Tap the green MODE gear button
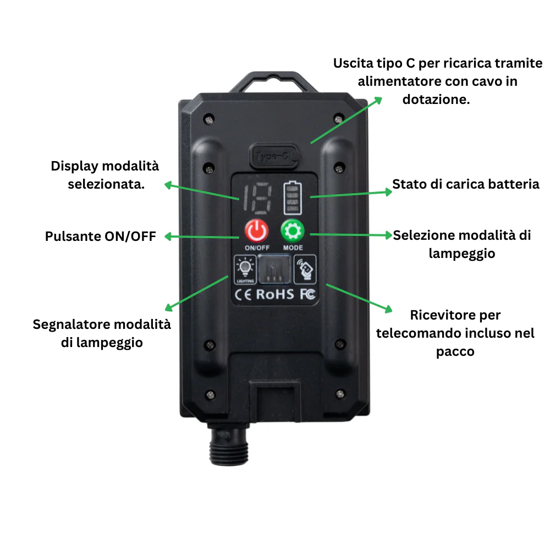293,232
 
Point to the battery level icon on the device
292,198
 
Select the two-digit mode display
257,199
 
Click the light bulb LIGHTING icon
244,269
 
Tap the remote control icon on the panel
306,269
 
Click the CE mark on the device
244,294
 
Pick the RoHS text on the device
275,294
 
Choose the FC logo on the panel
308,294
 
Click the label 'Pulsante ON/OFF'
101,237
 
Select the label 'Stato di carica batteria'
465,184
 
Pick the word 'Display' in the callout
73,166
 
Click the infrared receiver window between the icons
275,269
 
